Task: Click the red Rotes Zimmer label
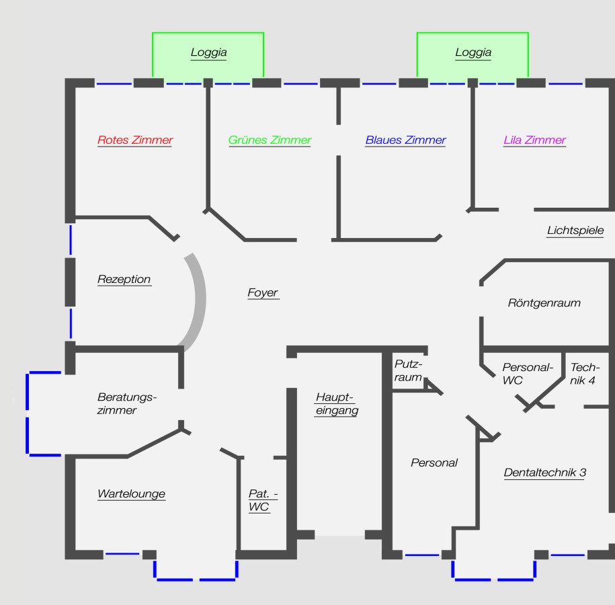(135, 140)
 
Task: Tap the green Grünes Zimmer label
(270, 140)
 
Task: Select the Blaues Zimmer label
(405, 140)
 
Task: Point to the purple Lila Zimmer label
(534, 140)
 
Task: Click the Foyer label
(263, 292)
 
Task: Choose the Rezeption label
(124, 279)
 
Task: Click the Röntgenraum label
(544, 302)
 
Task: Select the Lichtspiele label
(575, 230)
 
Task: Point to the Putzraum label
(408, 370)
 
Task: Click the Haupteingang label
(337, 404)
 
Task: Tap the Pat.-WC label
(263, 500)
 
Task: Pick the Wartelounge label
(131, 493)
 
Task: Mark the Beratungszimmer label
(126, 403)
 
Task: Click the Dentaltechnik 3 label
(545, 472)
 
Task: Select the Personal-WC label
(528, 374)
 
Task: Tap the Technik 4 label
(585, 374)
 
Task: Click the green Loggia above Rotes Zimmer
(208, 55)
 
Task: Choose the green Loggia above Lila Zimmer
(473, 55)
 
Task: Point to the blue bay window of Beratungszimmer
(27, 413)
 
